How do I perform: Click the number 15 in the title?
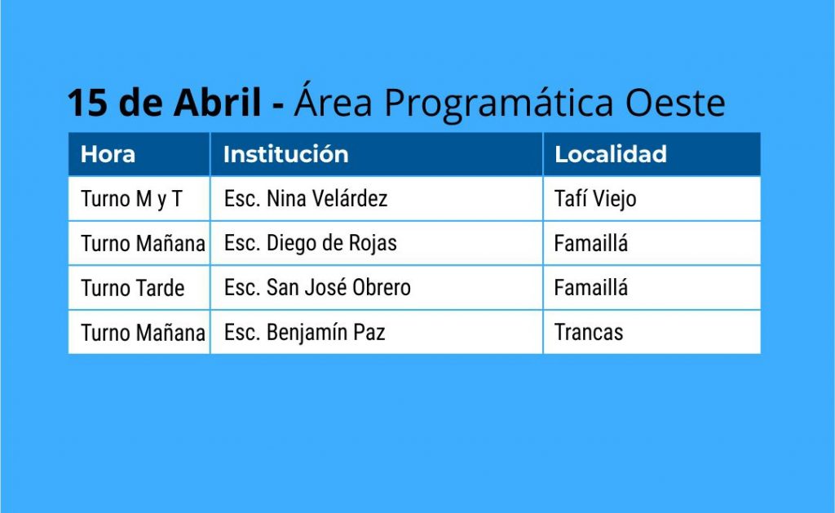(86, 102)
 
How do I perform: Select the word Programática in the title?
(499, 102)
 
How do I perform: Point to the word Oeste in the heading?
(675, 102)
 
